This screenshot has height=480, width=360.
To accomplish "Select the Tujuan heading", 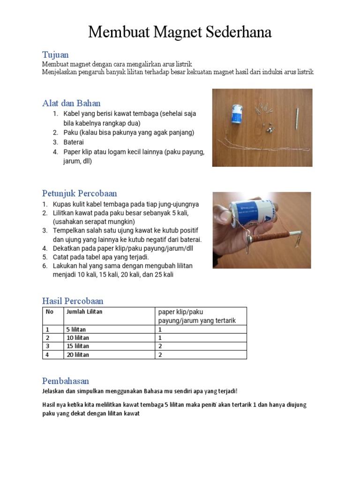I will (x=55, y=55).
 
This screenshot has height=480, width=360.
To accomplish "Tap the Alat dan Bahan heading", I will (x=71, y=103).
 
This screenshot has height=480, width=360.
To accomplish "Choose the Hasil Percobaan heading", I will (x=73, y=300).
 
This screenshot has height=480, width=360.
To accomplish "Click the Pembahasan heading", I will (x=66, y=381).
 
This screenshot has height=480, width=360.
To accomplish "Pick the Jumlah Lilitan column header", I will (x=84, y=312).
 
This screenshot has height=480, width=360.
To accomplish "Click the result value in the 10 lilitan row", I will (x=160, y=337).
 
